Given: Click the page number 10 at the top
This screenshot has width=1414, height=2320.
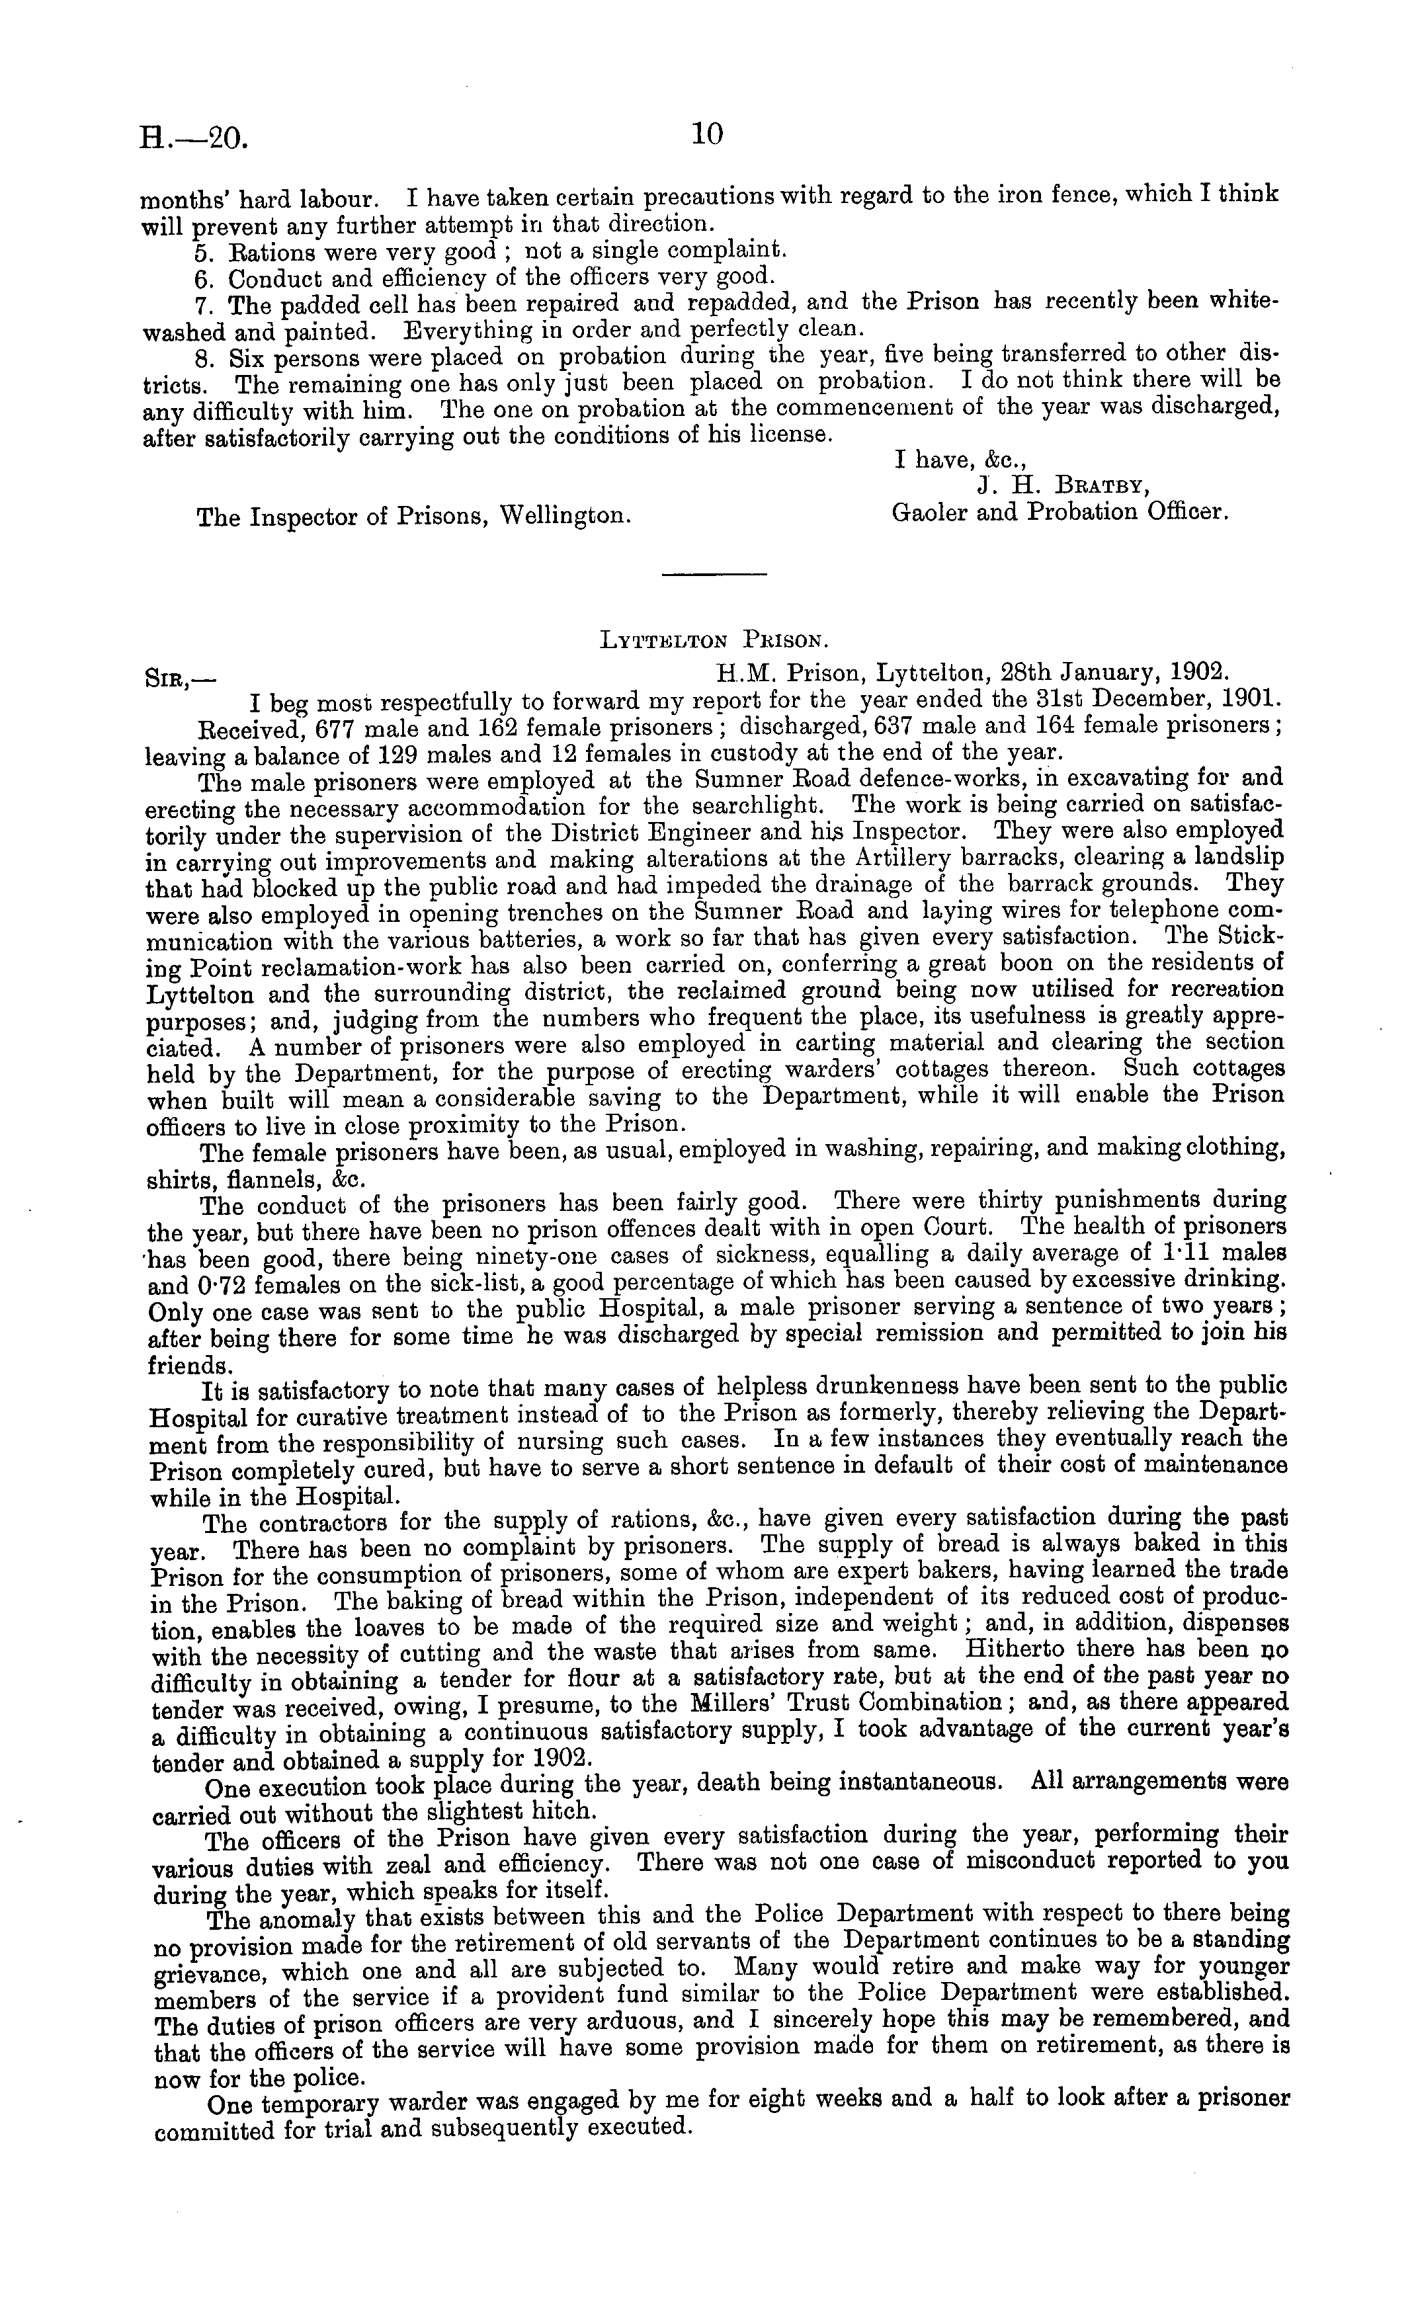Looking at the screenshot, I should point(707,135).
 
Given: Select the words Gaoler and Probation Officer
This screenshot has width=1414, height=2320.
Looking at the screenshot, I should point(1059,513).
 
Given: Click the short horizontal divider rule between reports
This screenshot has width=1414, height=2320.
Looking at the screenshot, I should point(714,573).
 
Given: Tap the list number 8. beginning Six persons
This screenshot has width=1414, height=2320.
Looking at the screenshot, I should point(204,358).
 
